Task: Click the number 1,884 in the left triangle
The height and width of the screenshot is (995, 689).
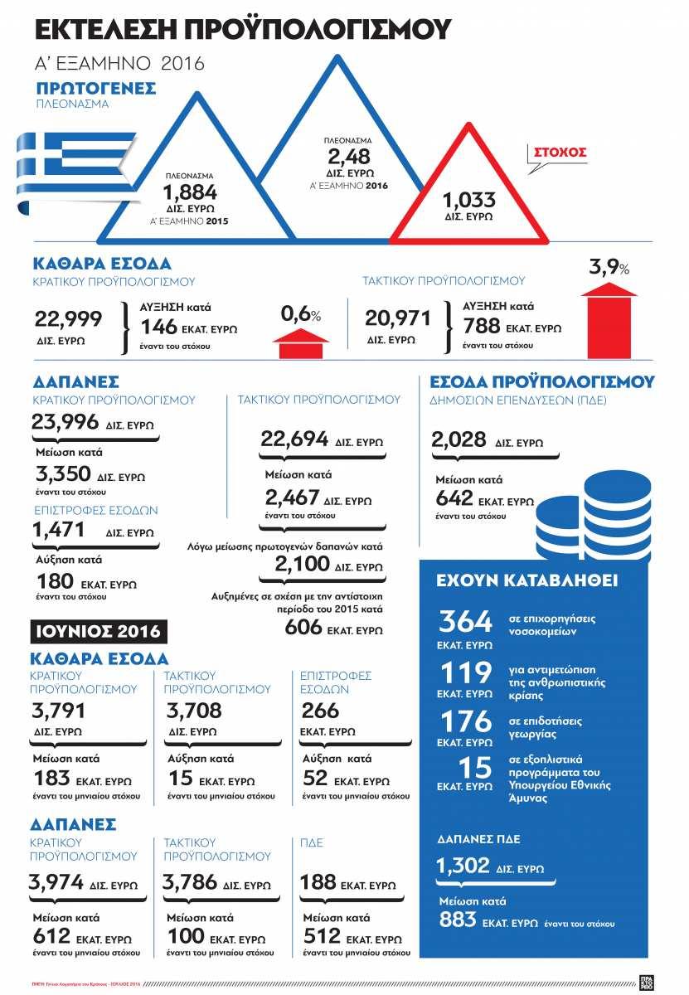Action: pos(189,193)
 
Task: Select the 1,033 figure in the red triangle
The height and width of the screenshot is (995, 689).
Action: pos(468,200)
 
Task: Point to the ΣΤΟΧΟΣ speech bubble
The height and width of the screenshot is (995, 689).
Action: pos(560,154)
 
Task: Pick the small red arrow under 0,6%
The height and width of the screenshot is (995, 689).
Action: pos(300,342)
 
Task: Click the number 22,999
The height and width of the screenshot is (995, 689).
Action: pos(68,318)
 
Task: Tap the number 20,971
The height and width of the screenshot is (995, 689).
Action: pos(399,318)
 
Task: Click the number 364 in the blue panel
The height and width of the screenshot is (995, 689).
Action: pos(465,621)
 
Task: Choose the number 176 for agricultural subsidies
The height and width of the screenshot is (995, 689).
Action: pos(465,721)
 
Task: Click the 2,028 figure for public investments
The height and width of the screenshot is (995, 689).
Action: pos(458,440)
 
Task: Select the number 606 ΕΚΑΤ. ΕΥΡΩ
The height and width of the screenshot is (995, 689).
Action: pos(303,628)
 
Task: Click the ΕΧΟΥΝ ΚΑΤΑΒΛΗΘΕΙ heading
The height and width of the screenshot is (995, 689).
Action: pos(526,580)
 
